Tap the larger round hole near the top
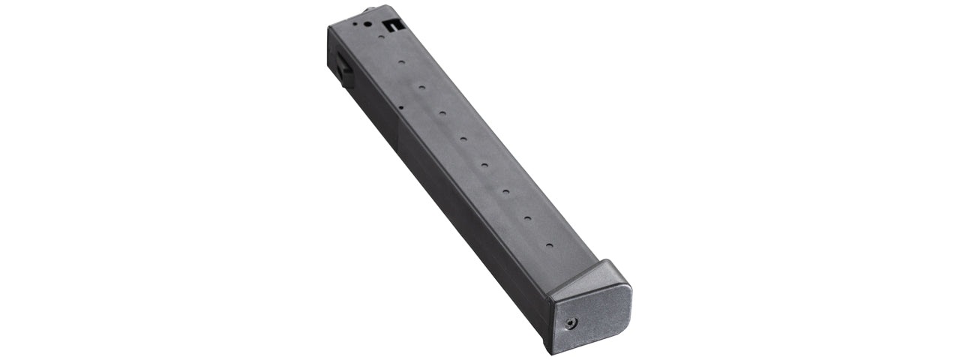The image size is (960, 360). click(x=367, y=23)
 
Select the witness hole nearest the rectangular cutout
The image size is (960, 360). click(x=382, y=37)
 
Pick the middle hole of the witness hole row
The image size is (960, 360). click(x=463, y=139)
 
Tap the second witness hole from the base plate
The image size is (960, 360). click(x=527, y=218)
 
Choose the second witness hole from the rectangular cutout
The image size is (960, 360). click(x=401, y=62)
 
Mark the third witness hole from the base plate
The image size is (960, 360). click(x=506, y=192)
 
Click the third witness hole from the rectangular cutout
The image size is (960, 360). click(x=421, y=87)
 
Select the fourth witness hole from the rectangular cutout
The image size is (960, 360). click(x=442, y=113)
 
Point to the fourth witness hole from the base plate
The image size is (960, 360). click(x=484, y=165)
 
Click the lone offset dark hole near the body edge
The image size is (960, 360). click(x=401, y=108)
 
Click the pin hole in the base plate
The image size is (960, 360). click(x=573, y=323)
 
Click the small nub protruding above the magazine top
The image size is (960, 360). click(x=369, y=10)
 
